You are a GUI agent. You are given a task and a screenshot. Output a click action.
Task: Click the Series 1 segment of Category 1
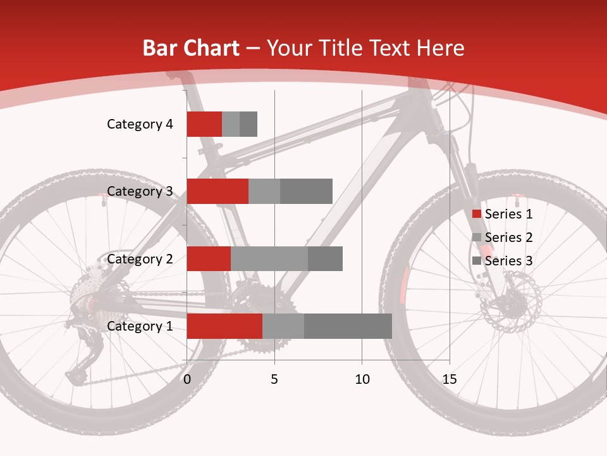pyautogui.click(x=224, y=326)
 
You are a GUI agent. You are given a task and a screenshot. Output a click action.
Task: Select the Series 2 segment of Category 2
pyautogui.click(x=269, y=258)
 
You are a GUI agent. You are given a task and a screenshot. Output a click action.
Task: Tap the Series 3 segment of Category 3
pyautogui.click(x=306, y=191)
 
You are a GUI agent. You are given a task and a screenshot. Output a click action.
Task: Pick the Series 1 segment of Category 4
pyautogui.click(x=204, y=124)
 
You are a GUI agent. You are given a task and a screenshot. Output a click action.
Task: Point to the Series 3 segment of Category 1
pyautogui.click(x=348, y=326)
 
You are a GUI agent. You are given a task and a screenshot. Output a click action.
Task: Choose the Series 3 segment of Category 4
pyautogui.click(x=248, y=124)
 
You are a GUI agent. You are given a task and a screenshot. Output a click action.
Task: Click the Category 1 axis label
pyautogui.click(x=140, y=326)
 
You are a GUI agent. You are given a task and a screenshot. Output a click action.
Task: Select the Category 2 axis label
pyautogui.click(x=140, y=258)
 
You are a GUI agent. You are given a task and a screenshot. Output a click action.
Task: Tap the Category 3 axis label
pyautogui.click(x=140, y=191)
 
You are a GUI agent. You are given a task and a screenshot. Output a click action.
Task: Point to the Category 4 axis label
pyautogui.click(x=140, y=124)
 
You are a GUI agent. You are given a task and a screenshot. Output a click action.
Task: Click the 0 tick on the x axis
pyautogui.click(x=187, y=379)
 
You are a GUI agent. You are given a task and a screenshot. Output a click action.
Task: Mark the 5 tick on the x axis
pyautogui.click(x=274, y=379)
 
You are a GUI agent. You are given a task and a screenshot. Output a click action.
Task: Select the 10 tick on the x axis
pyautogui.click(x=362, y=379)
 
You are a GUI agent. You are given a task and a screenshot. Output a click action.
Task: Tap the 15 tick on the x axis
pyautogui.click(x=450, y=379)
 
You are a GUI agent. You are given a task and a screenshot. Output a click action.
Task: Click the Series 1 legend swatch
pyautogui.click(x=476, y=214)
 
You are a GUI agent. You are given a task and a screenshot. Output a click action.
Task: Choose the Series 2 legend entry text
pyautogui.click(x=509, y=237)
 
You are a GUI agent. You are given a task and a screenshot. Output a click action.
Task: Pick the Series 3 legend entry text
pyautogui.click(x=509, y=261)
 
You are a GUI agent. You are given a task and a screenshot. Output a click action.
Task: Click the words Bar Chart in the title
pyautogui.click(x=191, y=48)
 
